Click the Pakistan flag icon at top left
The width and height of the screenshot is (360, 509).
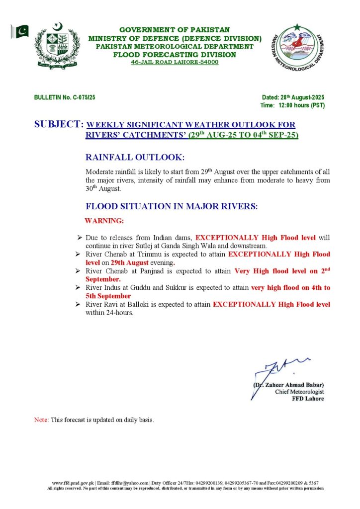click(x=20, y=32)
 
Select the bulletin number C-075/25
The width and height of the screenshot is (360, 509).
click(x=65, y=97)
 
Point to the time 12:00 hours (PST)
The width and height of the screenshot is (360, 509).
click(x=293, y=105)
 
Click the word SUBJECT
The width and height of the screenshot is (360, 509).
click(x=59, y=125)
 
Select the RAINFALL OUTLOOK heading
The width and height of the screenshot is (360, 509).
click(x=135, y=158)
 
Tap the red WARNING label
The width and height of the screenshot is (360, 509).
click(x=104, y=220)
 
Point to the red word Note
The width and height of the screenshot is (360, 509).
click(x=41, y=420)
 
